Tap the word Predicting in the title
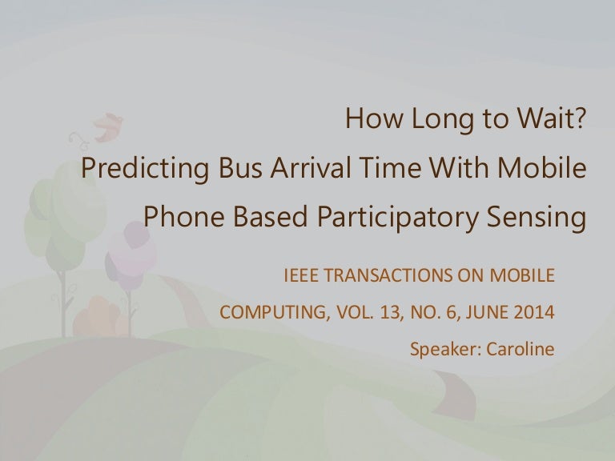click(x=145, y=169)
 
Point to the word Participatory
click(x=397, y=218)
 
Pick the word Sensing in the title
click(x=537, y=218)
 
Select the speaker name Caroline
click(x=521, y=349)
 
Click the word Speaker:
click(x=446, y=350)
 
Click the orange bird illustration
click(x=109, y=127)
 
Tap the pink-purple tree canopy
click(x=131, y=255)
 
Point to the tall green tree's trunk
click(x=62, y=303)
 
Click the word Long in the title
click(x=442, y=119)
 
